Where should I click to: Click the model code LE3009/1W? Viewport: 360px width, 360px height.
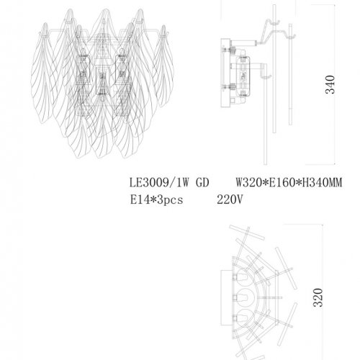click(x=153, y=184)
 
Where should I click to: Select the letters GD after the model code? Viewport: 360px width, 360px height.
click(x=202, y=184)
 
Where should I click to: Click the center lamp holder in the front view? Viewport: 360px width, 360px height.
click(x=101, y=79)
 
